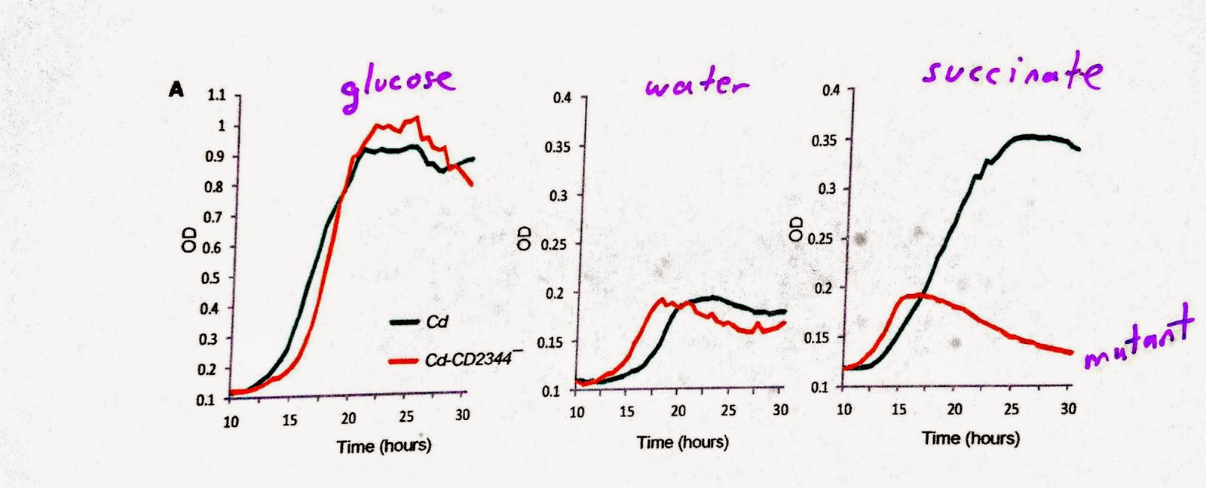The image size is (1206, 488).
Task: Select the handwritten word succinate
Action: pos(1012,72)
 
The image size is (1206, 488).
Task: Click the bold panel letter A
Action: pos(176,91)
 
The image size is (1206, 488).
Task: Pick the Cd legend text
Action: pos(437,322)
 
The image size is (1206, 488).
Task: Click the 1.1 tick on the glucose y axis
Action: pos(216,95)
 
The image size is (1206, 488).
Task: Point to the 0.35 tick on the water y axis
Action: pos(557,146)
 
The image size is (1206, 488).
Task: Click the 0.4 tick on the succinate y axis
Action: pos(831,91)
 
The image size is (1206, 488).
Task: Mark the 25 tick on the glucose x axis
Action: pos(406,417)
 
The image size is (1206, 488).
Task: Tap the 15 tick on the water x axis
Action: pos(626,411)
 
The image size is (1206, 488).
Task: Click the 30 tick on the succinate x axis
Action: pos(1067,409)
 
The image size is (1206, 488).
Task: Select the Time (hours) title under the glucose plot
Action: pos(384,446)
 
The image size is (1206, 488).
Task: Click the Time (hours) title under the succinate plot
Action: pos(971,438)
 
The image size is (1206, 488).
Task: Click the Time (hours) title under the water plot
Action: pos(683,442)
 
